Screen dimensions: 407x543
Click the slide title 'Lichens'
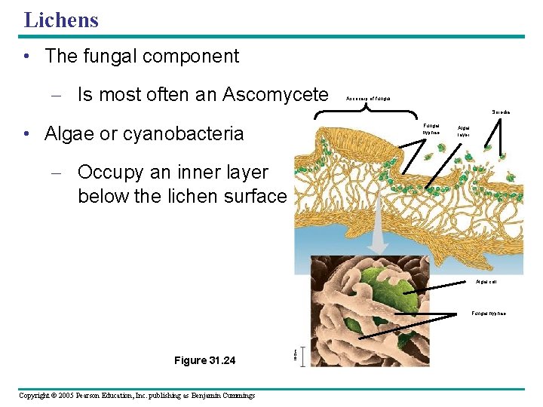(61, 20)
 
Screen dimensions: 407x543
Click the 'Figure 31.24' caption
(204, 360)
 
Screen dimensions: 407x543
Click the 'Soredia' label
(501, 112)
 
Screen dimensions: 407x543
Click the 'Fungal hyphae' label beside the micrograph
(489, 313)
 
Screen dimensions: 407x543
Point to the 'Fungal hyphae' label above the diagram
(431, 129)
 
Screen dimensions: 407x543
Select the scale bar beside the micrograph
(302, 355)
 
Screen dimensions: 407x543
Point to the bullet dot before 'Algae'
(26, 134)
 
